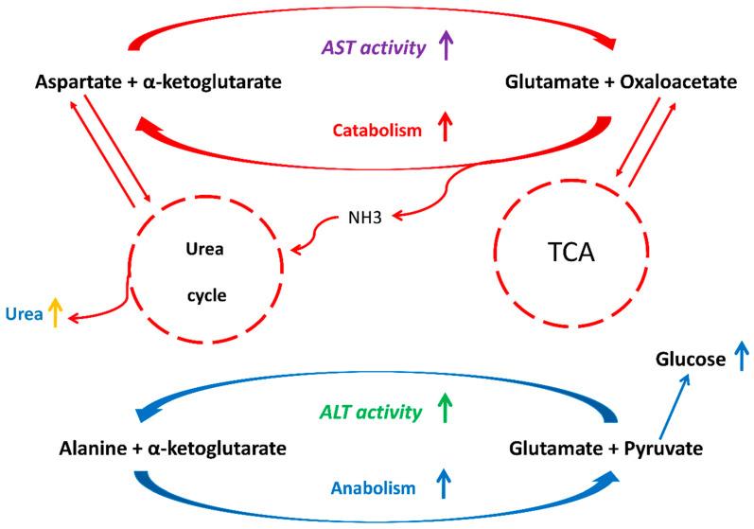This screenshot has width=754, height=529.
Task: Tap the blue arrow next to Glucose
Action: pyautogui.click(x=741, y=357)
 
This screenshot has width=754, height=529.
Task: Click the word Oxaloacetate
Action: pyautogui.click(x=682, y=84)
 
